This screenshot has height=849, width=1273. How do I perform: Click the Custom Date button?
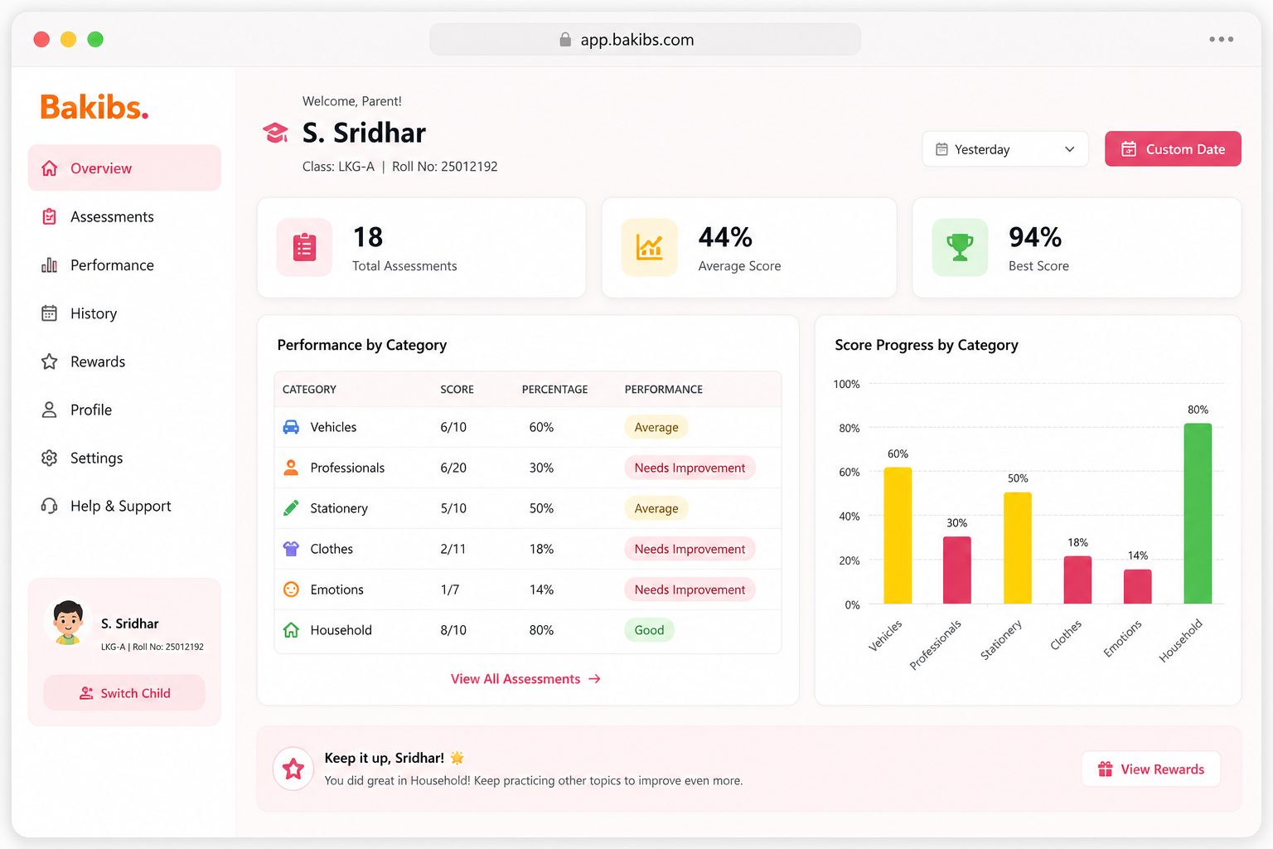1173,149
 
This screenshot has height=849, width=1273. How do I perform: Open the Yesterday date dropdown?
1004,149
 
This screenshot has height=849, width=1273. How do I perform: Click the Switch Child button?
124,692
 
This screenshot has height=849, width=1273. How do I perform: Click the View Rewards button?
1151,769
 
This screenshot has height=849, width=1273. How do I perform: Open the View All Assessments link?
525,679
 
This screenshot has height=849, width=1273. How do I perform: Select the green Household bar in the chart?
1198,513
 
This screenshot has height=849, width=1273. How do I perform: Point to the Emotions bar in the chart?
1137,587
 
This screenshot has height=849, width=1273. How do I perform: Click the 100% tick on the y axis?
847,385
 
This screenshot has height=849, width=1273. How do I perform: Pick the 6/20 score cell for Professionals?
453,468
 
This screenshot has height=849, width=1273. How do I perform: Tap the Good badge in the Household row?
649,630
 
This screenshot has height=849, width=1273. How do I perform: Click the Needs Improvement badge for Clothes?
690,549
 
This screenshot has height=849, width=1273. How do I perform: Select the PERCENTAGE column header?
554,390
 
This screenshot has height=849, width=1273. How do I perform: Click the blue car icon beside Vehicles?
291,427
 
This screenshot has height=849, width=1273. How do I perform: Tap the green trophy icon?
960,247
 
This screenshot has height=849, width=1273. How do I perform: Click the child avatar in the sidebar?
68,622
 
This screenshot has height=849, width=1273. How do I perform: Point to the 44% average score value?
725,237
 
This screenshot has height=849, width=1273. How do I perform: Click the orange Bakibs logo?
94,107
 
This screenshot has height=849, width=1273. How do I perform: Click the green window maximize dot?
95,39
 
